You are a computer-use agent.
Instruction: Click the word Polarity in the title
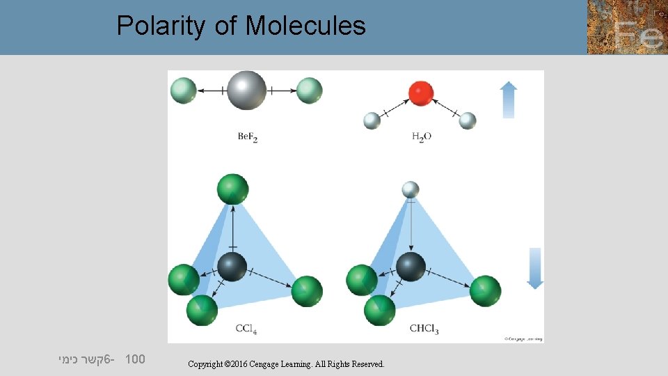[x=161, y=26]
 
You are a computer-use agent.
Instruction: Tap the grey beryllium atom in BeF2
[x=246, y=90]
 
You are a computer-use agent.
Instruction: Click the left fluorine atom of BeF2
[x=184, y=91]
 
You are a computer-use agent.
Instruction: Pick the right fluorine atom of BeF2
[x=309, y=91]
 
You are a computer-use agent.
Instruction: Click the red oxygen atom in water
[x=421, y=93]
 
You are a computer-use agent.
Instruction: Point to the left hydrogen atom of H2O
[x=372, y=120]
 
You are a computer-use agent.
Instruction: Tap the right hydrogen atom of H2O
[x=468, y=120]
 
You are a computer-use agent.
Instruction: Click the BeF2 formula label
[x=248, y=137]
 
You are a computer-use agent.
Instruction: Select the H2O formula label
[x=422, y=137]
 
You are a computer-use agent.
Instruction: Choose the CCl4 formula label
[x=246, y=329]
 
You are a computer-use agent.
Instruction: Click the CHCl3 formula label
[x=424, y=329]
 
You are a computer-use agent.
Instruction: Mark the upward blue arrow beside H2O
[x=509, y=100]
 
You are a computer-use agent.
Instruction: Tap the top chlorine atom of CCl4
[x=232, y=189]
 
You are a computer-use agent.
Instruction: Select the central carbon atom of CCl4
[x=232, y=267]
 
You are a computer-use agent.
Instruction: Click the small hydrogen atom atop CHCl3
[x=411, y=189]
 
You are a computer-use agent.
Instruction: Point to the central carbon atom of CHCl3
[x=411, y=267]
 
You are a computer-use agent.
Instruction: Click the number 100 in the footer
[x=135, y=360]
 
